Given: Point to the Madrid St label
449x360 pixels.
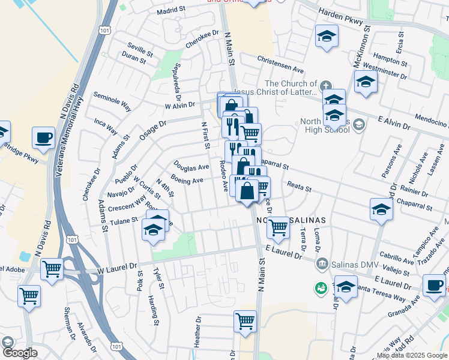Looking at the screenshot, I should point(172,10).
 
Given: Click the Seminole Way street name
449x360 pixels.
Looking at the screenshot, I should point(112,102).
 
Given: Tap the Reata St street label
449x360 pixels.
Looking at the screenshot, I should point(300,187).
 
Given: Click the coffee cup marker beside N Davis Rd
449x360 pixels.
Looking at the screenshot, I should point(43,137).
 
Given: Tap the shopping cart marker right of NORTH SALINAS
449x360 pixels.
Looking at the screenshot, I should point(278,227).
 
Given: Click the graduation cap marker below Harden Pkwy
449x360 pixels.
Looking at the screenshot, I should point(326,37).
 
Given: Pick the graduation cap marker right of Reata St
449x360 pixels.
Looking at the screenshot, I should point(381,209).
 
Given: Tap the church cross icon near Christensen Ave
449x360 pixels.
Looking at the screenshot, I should point(325,85).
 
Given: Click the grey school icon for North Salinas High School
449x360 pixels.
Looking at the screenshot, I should point(359,124).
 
